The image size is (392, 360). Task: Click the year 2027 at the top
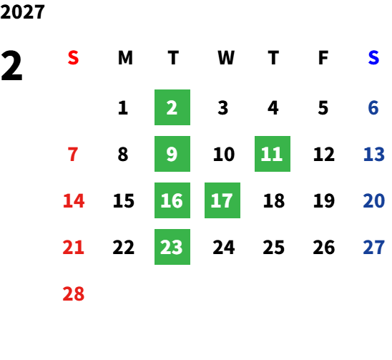coord(22,11)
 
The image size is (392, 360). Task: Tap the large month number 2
coord(11,65)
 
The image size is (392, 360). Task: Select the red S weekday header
coord(73,58)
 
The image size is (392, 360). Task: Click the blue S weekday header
coord(373,58)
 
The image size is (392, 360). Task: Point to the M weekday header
coord(125,58)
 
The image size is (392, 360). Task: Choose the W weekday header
coord(226,58)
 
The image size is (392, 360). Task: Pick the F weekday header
coord(323,58)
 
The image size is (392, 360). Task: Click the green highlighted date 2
coord(172,107)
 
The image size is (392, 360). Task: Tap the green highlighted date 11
coord(273,154)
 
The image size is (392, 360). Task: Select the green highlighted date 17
coord(222,200)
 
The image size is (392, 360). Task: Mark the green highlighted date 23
coord(172,247)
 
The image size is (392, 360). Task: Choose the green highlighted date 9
coord(172,154)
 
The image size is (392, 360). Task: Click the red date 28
coord(74,293)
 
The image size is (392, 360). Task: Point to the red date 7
coord(73,154)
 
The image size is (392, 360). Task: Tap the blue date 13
coord(374,154)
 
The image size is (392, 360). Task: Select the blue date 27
coord(374,247)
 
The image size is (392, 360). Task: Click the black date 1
coord(123,108)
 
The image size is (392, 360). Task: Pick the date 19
coord(324,200)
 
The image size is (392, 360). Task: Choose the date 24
coord(224,247)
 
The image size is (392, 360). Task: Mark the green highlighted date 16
coord(172,200)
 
